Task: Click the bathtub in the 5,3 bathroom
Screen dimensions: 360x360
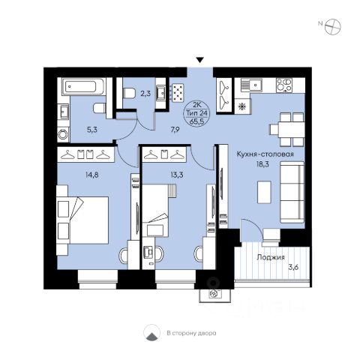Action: (x=83, y=87)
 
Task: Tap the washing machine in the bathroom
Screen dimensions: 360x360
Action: (x=64, y=134)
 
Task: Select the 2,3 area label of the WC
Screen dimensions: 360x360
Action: (x=145, y=94)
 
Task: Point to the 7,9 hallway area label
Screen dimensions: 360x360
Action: (x=175, y=130)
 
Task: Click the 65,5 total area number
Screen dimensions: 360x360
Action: (x=196, y=121)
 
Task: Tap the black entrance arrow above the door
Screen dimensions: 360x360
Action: (x=199, y=60)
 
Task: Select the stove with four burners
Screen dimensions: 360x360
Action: (x=284, y=85)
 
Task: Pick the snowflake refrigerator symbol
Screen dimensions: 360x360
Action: (x=242, y=106)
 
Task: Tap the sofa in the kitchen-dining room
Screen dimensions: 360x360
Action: (x=292, y=192)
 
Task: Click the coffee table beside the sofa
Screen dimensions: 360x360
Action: (x=264, y=192)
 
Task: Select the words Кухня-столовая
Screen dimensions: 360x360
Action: (x=265, y=154)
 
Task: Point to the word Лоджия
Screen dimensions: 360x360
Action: (x=271, y=257)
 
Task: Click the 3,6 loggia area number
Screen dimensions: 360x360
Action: (x=293, y=268)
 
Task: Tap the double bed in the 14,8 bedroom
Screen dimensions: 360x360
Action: (x=82, y=220)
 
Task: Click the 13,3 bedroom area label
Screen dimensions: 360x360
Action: (x=177, y=175)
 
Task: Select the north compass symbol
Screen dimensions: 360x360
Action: (x=333, y=26)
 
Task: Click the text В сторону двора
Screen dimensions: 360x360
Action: (x=191, y=333)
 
